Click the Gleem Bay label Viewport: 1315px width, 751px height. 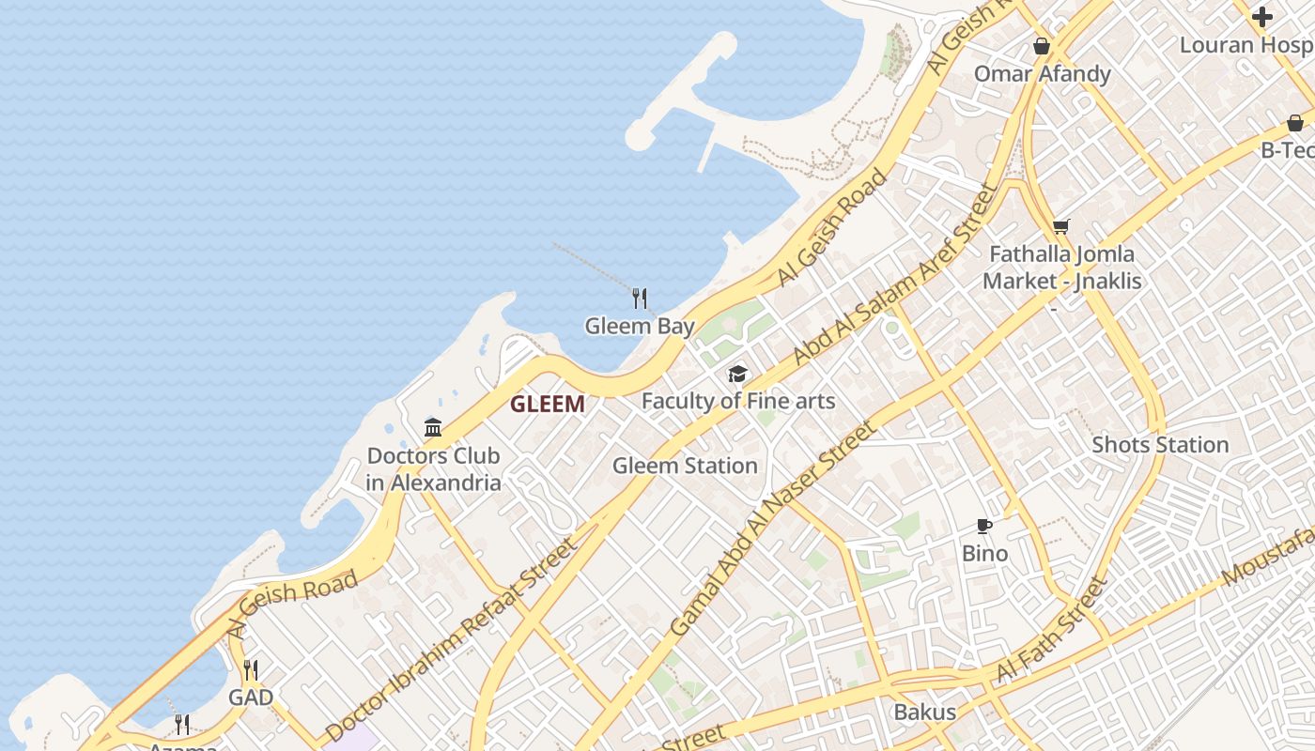640,327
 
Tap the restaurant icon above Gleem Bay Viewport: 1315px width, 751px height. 640,299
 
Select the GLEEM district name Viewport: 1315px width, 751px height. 548,405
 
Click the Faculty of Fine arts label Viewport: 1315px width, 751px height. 738,402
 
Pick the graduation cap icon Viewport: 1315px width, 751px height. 738,375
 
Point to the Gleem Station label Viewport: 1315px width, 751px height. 685,466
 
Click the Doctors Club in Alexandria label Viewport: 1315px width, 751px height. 433,469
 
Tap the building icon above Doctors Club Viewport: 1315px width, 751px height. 433,428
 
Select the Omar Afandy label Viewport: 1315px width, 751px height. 1043,74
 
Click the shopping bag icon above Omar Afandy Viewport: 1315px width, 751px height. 1042,46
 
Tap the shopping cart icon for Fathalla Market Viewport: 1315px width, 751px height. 1061,226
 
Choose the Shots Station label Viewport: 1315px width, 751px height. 1160,445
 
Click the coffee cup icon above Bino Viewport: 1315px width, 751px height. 984,526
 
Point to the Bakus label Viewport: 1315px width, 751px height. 925,712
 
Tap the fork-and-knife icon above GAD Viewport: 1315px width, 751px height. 251,670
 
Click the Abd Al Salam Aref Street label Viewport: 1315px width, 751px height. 893,275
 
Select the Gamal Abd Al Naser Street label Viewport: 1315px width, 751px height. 773,529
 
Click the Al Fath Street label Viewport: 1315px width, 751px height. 1052,629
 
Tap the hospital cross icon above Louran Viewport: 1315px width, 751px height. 1262,17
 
